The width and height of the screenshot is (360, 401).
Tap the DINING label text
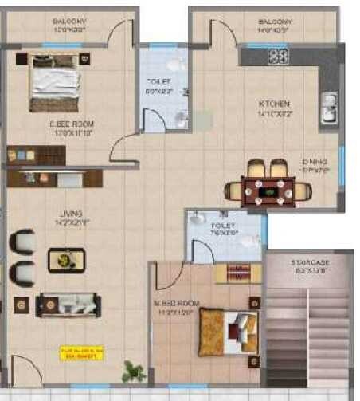coord(314,159)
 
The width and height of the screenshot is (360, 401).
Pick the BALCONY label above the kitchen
coord(276,22)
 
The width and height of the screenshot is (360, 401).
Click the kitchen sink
coord(329,109)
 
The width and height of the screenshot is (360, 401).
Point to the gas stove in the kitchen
coord(278,56)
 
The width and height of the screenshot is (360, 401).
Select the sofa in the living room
coord(68,305)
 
